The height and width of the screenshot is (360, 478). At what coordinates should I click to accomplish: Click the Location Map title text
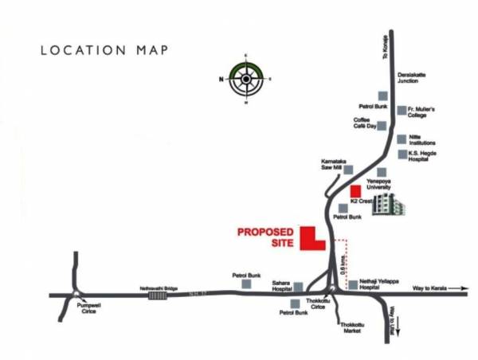[x=104, y=50]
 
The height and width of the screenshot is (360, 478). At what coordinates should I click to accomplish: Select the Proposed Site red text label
[x=266, y=238]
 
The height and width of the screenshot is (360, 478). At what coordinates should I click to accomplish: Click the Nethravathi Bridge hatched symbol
[x=158, y=295]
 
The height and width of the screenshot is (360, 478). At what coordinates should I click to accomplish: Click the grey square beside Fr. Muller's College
[x=401, y=110]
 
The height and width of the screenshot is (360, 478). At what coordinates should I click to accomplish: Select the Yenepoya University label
[x=380, y=184]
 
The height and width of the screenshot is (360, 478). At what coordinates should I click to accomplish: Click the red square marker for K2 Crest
[x=355, y=191]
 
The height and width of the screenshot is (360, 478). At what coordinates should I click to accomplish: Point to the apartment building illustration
[x=389, y=205]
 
